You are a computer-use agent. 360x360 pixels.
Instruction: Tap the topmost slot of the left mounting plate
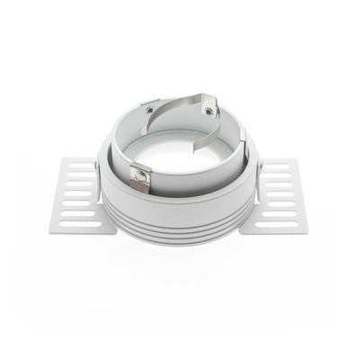point(81,166)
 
